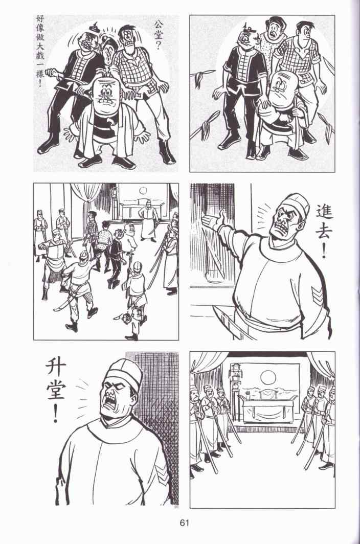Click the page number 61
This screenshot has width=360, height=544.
(x=184, y=523)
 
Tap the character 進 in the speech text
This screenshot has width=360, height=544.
(x=324, y=209)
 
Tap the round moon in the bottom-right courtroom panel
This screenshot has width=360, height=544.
(x=267, y=377)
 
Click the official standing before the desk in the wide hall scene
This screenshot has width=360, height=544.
(x=148, y=224)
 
